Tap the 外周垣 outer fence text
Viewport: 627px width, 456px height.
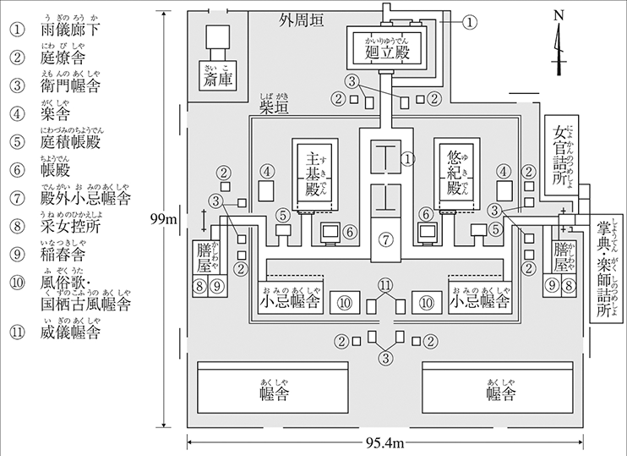[304, 19]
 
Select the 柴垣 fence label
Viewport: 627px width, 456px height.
[275, 108]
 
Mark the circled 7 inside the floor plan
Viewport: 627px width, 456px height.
[386, 240]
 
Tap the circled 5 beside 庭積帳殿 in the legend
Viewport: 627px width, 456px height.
[16, 141]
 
